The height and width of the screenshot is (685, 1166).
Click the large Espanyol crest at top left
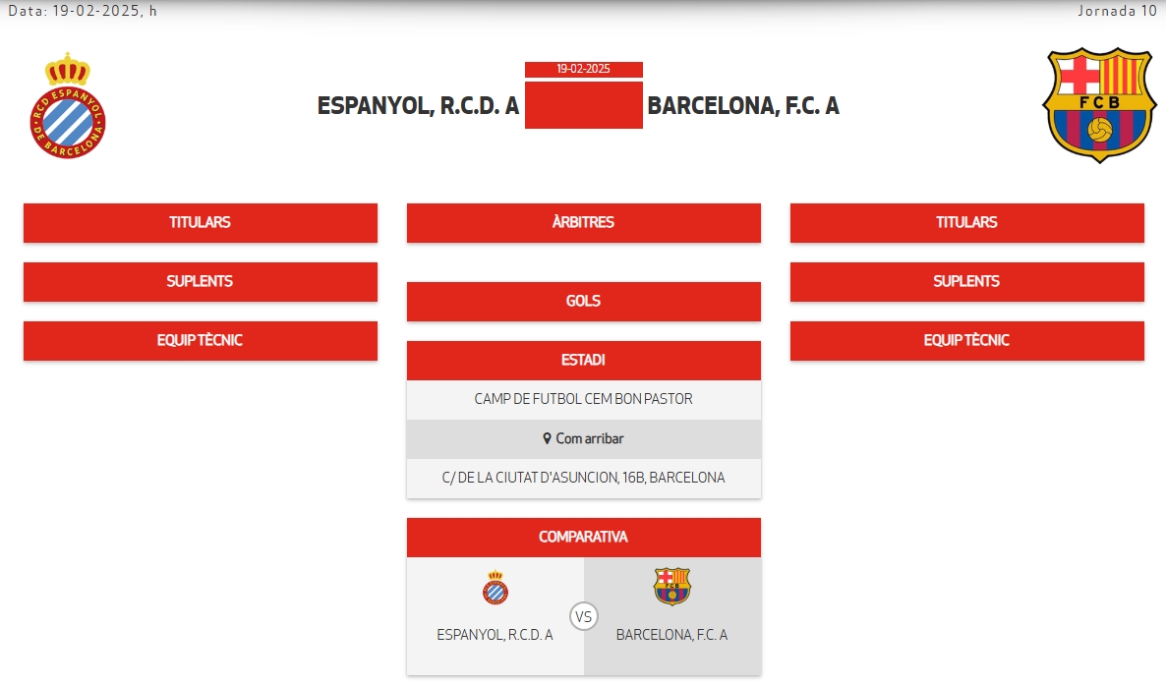67,106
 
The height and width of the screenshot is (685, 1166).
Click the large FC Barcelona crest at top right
1099,104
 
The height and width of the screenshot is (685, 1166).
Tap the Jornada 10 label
1117,11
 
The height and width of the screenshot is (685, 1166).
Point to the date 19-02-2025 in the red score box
583,69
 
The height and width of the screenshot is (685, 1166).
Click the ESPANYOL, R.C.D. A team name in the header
418,106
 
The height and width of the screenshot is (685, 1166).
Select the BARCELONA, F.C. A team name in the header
743,106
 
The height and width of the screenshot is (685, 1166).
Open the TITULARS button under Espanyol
200,222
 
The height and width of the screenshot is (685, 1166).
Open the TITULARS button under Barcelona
966,222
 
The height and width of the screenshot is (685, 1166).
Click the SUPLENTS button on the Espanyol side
200,281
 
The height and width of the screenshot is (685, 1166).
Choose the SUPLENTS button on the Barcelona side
966,281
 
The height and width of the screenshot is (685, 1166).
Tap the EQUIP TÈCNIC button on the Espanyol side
200,340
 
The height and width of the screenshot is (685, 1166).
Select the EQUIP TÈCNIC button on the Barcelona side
966,340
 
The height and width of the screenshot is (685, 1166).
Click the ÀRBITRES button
583,222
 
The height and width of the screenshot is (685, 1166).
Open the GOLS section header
583,301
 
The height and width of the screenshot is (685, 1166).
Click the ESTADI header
583,360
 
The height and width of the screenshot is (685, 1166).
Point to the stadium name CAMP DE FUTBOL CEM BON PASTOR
583,399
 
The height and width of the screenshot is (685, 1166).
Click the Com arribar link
590,438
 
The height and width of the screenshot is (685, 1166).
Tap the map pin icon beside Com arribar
547,438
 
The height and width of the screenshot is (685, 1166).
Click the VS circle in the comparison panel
584,617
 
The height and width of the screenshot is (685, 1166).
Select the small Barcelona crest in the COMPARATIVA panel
672,586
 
